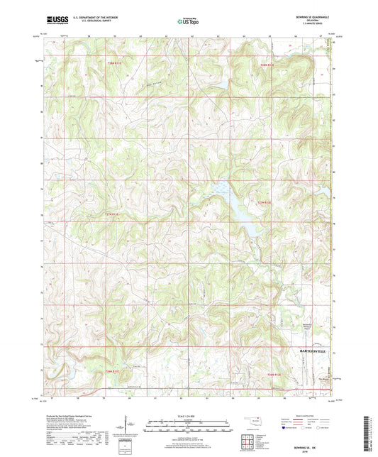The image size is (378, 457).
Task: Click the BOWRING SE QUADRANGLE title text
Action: (x=310, y=15)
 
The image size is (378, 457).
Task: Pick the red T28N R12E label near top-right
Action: (x=267, y=65)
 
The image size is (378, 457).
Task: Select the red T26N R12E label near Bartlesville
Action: (x=274, y=374)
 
